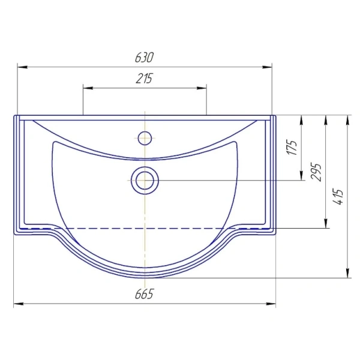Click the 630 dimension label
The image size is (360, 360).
144,58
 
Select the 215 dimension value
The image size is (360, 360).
144,79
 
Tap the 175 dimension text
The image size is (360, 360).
292,147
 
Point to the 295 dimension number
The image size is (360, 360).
316,172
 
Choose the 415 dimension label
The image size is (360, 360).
338,197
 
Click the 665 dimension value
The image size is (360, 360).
144,294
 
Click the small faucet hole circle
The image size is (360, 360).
145,138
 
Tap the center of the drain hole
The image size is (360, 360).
145,181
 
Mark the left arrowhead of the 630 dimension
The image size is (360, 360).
23,67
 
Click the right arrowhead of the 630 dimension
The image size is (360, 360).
267,67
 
